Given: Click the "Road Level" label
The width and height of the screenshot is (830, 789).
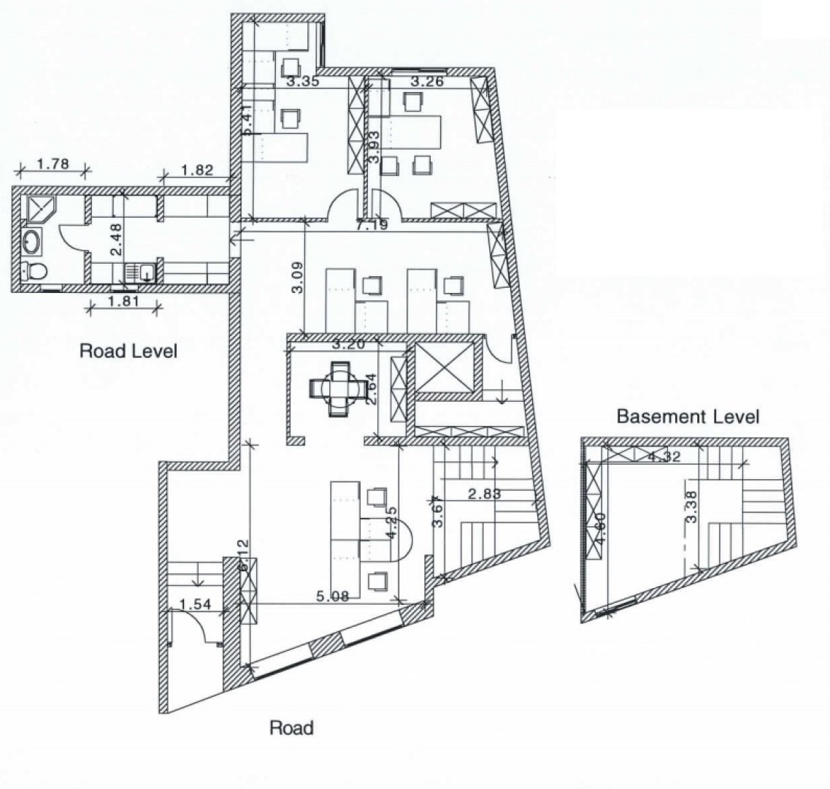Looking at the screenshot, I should (128, 351).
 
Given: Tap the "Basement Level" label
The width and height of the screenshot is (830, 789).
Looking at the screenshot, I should (688, 417).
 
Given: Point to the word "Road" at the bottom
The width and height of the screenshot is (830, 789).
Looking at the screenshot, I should (291, 728).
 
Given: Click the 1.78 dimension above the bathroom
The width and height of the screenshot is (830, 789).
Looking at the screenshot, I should (53, 164).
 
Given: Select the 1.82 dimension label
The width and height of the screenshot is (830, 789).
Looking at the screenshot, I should (196, 171).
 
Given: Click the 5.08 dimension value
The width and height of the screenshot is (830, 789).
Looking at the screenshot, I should (331, 596).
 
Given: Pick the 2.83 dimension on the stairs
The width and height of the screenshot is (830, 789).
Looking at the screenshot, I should (484, 494).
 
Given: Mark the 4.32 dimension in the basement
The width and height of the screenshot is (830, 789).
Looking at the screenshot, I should (664, 457).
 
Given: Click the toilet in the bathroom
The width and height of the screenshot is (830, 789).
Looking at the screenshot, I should (34, 271).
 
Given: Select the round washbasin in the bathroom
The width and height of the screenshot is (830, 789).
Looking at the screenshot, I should (31, 240).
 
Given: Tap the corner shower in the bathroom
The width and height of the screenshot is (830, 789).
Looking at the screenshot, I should (36, 207).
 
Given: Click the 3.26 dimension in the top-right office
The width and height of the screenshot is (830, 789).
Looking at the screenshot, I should (427, 81).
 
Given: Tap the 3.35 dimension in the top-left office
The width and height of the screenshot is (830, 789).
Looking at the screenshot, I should (302, 82).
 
